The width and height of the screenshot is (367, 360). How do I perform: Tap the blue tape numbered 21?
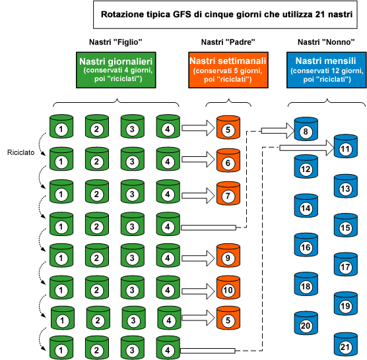click(345, 344)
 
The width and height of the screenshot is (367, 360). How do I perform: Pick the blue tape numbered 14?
click(306, 207)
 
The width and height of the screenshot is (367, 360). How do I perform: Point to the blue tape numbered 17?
click(345, 266)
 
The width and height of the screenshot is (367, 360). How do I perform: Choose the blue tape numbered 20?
click(306, 324)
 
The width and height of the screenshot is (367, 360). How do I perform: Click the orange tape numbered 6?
click(228, 161)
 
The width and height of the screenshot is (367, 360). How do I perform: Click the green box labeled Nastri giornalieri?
click(116, 70)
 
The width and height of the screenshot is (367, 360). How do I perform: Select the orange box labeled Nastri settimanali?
click(227, 70)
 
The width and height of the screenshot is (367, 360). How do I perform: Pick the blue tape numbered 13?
click(345, 187)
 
